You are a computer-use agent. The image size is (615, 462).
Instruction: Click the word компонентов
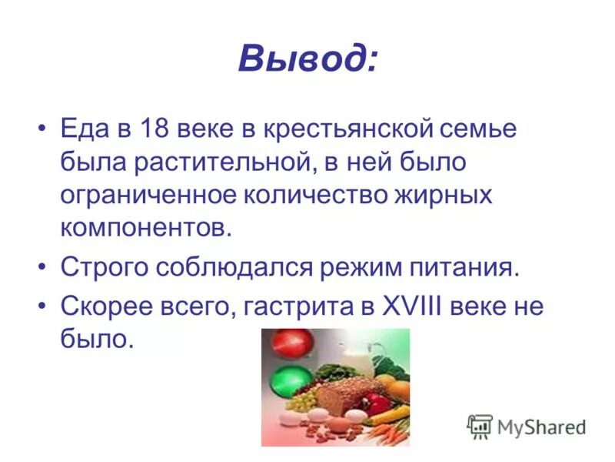(x=145, y=229)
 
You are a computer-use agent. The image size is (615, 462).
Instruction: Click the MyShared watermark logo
(x=527, y=426)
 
